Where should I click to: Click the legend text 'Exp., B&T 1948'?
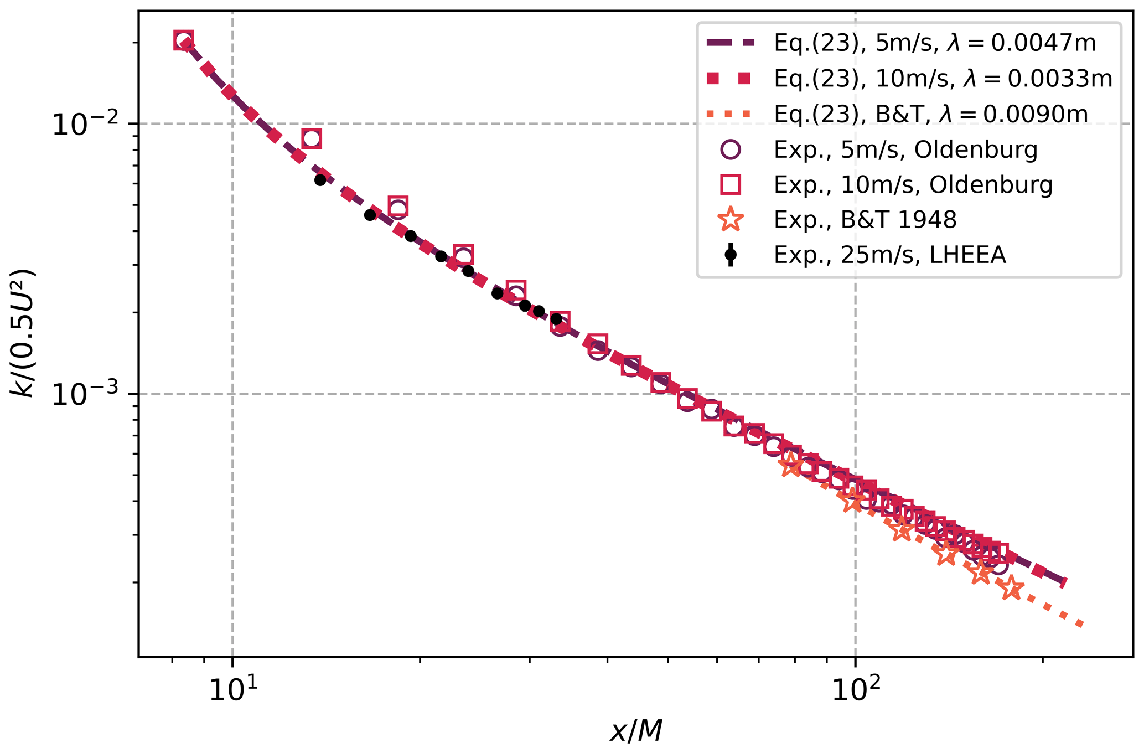click(865, 220)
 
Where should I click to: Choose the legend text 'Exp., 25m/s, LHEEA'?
click(889, 255)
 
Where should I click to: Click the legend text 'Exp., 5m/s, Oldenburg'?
click(905, 150)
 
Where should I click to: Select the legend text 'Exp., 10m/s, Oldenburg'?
click(913, 185)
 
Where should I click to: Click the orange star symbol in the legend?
click(731, 220)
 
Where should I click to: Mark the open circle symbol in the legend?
click(731, 150)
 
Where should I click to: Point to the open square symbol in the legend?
click(731, 185)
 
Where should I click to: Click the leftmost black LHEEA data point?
click(320, 180)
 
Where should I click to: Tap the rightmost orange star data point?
click(1012, 587)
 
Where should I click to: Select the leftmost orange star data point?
click(790, 465)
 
